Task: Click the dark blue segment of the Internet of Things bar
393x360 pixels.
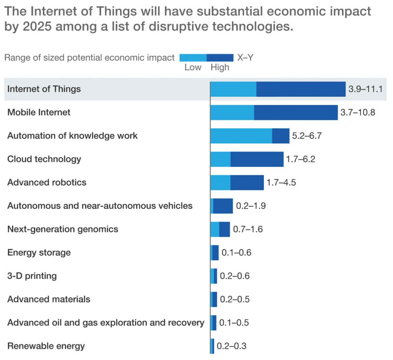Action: (301, 89)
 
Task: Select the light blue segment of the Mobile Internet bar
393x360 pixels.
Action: (232, 113)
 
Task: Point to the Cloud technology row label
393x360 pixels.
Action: (44, 159)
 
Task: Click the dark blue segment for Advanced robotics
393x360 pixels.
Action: (247, 182)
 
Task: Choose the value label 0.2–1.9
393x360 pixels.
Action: (251, 206)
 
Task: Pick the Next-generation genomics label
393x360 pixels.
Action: (63, 229)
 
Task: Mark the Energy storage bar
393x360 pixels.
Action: (215, 253)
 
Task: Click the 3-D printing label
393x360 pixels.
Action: (32, 276)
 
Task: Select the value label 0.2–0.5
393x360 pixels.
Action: (234, 299)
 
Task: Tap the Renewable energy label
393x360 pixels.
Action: (46, 346)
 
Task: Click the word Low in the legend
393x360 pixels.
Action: (193, 67)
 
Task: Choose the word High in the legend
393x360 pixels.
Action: (220, 67)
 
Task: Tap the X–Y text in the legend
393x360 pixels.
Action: (245, 58)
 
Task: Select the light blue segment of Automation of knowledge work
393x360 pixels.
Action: (241, 136)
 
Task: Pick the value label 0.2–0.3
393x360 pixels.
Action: (231, 346)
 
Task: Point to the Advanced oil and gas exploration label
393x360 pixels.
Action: (106, 323)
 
